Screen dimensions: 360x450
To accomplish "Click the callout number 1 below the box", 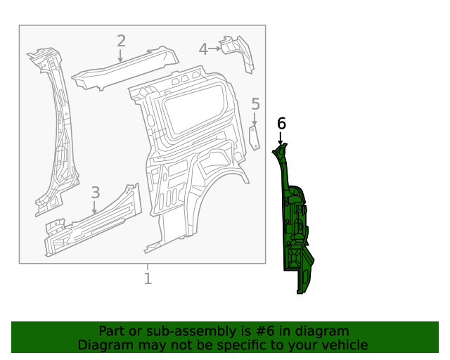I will pyautogui.click(x=148, y=278).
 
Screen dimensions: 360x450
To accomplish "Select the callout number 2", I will pyautogui.click(x=121, y=41).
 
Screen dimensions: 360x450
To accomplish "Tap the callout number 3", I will pyautogui.click(x=96, y=193).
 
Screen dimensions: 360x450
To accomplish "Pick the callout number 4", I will pyautogui.click(x=203, y=49).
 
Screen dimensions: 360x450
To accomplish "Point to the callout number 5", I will pyautogui.click(x=255, y=105).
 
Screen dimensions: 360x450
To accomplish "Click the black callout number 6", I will pyautogui.click(x=281, y=124).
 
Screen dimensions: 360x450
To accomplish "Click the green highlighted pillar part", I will pyautogui.click(x=295, y=225).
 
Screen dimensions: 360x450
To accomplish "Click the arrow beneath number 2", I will pyautogui.click(x=121, y=56).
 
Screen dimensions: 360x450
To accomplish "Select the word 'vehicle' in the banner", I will pyautogui.click(x=344, y=345).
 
